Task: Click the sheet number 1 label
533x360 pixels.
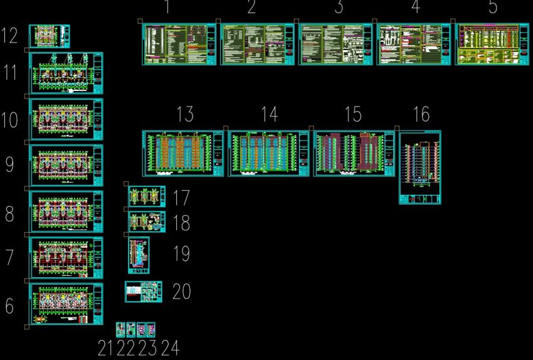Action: pos(167,8)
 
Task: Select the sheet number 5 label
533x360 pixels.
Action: pos(493,8)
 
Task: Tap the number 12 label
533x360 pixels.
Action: pos(9,36)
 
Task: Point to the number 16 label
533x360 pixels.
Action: pos(421,114)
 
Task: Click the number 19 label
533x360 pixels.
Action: pos(181,254)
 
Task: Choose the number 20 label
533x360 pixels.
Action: pos(181,292)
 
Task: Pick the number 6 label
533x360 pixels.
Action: pos(9,306)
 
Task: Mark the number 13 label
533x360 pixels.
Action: pos(185,114)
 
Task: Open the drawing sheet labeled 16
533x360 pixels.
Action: pos(420,167)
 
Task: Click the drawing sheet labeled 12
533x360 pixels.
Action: pos(49,36)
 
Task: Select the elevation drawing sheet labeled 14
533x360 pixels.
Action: pos(268,153)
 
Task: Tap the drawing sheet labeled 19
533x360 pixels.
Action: pos(139,255)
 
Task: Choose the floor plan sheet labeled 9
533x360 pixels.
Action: pos(66,166)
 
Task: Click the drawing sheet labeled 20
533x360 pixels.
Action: pos(143,292)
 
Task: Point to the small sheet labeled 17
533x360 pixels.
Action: pos(147,196)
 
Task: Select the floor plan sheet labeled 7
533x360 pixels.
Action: pos(66,258)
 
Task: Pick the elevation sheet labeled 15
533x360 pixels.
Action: pos(354,153)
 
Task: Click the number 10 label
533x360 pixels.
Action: pos(9,120)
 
